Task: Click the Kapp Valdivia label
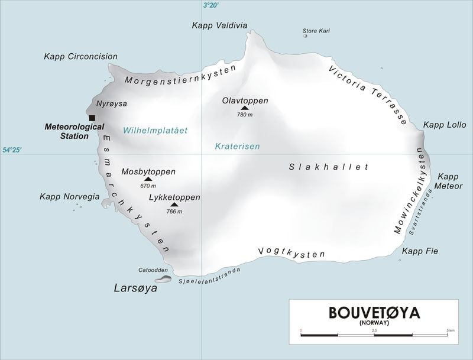[219, 25]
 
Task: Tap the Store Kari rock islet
[306, 36]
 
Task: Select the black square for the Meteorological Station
[92, 118]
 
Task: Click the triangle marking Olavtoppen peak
[245, 108]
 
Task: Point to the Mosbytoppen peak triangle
[148, 179]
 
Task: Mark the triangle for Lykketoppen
[174, 205]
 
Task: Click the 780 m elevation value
[245, 115]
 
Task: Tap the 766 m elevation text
[174, 212]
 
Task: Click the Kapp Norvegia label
[69, 197]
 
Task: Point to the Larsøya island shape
[164, 278]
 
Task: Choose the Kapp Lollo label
[445, 125]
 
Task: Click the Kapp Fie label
[420, 251]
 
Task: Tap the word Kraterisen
[237, 146]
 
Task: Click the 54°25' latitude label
[12, 151]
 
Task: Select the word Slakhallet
[329, 167]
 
